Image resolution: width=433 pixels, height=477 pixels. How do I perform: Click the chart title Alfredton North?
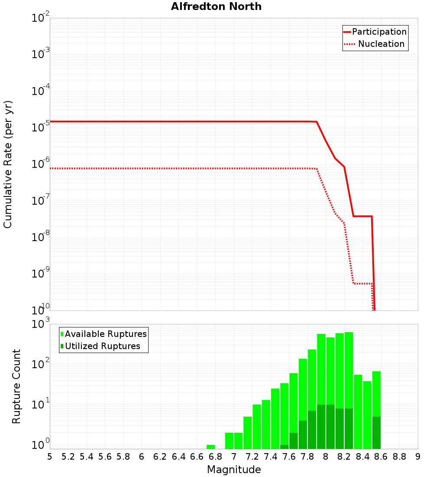[216, 7]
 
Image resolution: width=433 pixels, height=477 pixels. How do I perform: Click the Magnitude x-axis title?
[234, 470]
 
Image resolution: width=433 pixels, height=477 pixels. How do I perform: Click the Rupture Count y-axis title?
[16, 386]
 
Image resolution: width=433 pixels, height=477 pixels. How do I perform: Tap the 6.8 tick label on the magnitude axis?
[215, 457]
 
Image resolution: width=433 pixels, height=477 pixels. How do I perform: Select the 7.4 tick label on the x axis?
[271, 457]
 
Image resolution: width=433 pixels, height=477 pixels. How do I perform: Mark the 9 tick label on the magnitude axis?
[417, 457]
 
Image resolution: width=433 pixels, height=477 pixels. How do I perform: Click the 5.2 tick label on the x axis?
[68, 457]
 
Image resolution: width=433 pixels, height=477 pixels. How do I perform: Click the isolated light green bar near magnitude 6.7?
[211, 447]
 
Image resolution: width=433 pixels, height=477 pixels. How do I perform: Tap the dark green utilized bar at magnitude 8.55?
[376, 432]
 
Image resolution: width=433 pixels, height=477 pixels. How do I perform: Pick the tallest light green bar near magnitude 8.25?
[349, 369]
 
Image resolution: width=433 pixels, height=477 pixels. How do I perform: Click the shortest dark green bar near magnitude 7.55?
[284, 447]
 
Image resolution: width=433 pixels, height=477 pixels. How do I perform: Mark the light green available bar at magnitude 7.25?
[257, 427]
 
